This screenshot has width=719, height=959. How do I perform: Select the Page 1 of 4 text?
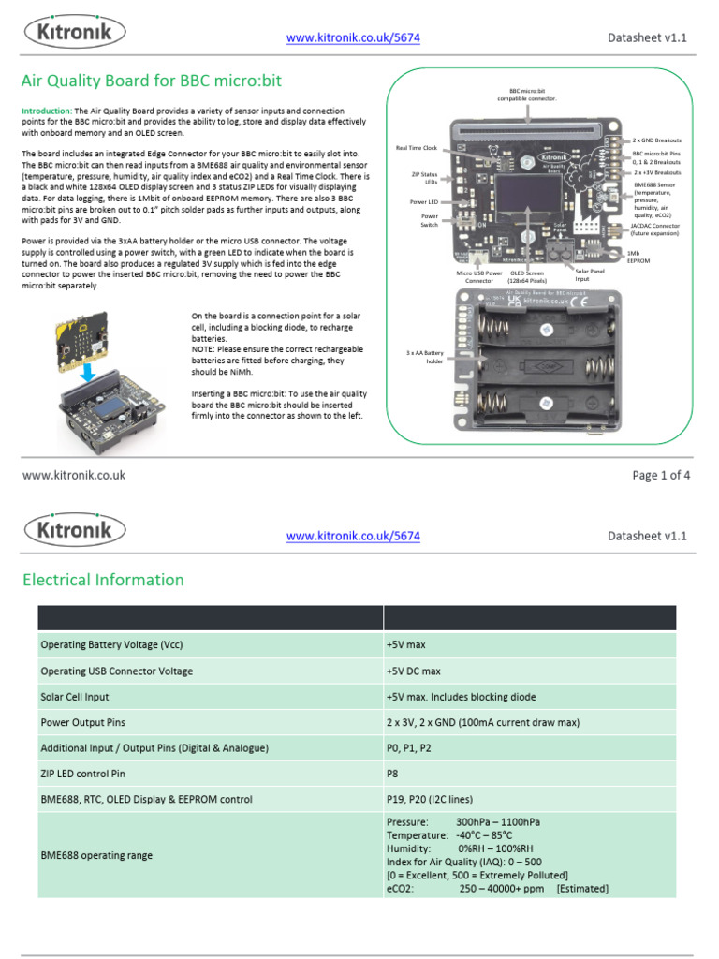(661, 475)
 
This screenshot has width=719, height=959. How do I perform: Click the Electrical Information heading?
(103, 580)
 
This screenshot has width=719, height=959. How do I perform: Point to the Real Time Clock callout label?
(417, 148)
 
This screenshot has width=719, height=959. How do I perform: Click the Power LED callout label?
(424, 201)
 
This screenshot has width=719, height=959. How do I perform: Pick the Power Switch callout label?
(429, 220)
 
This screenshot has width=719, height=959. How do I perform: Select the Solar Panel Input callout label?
(582, 274)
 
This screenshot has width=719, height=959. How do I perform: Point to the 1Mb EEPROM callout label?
(638, 257)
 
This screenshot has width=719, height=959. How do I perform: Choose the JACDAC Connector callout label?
(655, 229)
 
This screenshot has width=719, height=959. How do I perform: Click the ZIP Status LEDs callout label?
(424, 178)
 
